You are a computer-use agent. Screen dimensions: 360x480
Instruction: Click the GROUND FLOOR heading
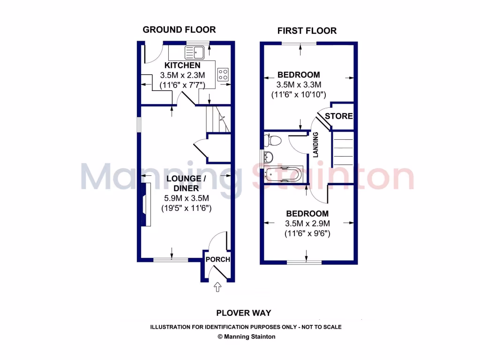pyautogui.click(x=179, y=30)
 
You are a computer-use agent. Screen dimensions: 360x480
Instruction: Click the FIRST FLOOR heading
pyautogui.click(x=307, y=31)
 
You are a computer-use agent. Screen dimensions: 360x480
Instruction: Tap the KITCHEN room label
pyautogui.click(x=182, y=65)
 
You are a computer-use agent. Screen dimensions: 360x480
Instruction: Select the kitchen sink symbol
pyautogui.click(x=194, y=51)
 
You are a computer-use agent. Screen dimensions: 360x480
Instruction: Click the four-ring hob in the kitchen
pyautogui.click(x=224, y=74)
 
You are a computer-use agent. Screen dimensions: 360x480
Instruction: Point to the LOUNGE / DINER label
pyautogui.click(x=186, y=183)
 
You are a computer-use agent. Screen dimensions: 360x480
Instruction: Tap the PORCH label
pyautogui.click(x=218, y=259)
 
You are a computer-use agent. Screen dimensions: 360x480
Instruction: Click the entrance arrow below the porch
pyautogui.click(x=217, y=287)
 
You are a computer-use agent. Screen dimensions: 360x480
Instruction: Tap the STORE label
pyautogui.click(x=338, y=116)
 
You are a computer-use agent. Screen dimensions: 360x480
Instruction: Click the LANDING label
pyautogui.click(x=316, y=144)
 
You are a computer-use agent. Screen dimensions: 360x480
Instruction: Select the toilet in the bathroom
pyautogui.click(x=272, y=140)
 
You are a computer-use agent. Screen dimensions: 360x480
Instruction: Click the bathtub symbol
pyautogui.click(x=283, y=174)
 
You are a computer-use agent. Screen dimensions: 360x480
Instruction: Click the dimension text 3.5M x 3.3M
pyautogui.click(x=299, y=85)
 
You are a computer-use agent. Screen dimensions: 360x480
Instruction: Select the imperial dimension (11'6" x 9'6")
pyautogui.click(x=307, y=233)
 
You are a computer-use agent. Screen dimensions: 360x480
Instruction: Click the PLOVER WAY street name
pyautogui.click(x=243, y=313)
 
